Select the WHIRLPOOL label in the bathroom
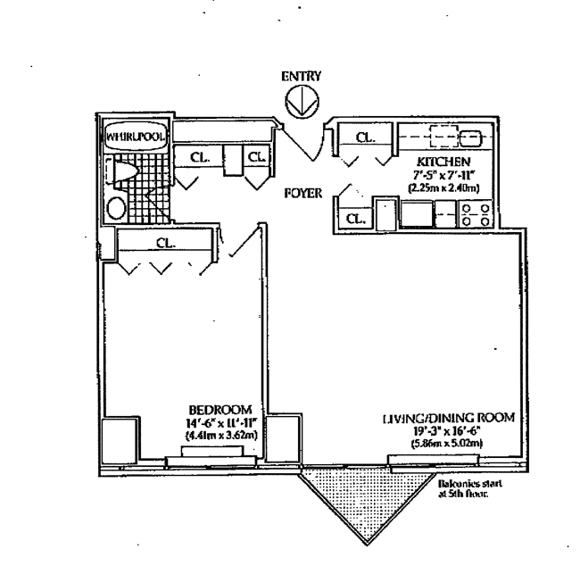[132, 137]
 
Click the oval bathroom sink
[116, 207]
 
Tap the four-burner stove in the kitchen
[476, 213]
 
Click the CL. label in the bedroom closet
[164, 243]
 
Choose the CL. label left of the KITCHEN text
[365, 137]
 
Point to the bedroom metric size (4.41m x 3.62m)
[220, 435]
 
